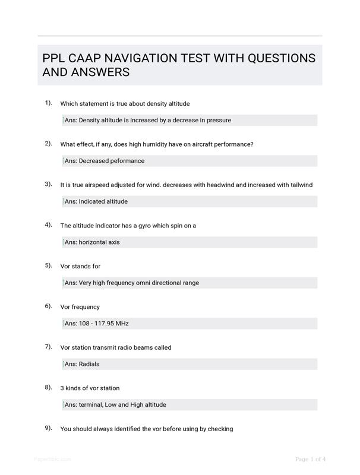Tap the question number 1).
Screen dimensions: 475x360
click(48, 103)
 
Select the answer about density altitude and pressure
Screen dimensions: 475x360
click(148, 120)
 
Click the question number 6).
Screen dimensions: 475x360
click(48, 306)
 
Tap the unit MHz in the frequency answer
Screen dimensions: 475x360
click(122, 324)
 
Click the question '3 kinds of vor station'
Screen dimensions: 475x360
click(90, 388)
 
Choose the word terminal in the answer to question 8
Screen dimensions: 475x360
click(90, 405)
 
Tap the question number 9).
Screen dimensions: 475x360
click(48, 427)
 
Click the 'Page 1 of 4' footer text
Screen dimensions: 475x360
click(310, 459)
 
